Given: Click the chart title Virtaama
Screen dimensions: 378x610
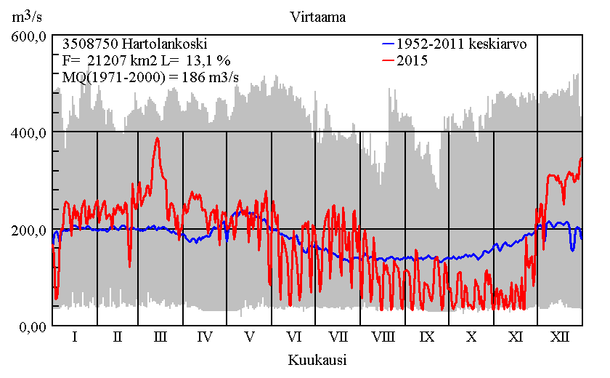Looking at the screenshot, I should [x=317, y=15].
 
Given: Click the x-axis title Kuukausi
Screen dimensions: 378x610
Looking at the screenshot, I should [x=317, y=360].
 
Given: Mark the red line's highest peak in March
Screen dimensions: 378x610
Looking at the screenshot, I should [x=157, y=137].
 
